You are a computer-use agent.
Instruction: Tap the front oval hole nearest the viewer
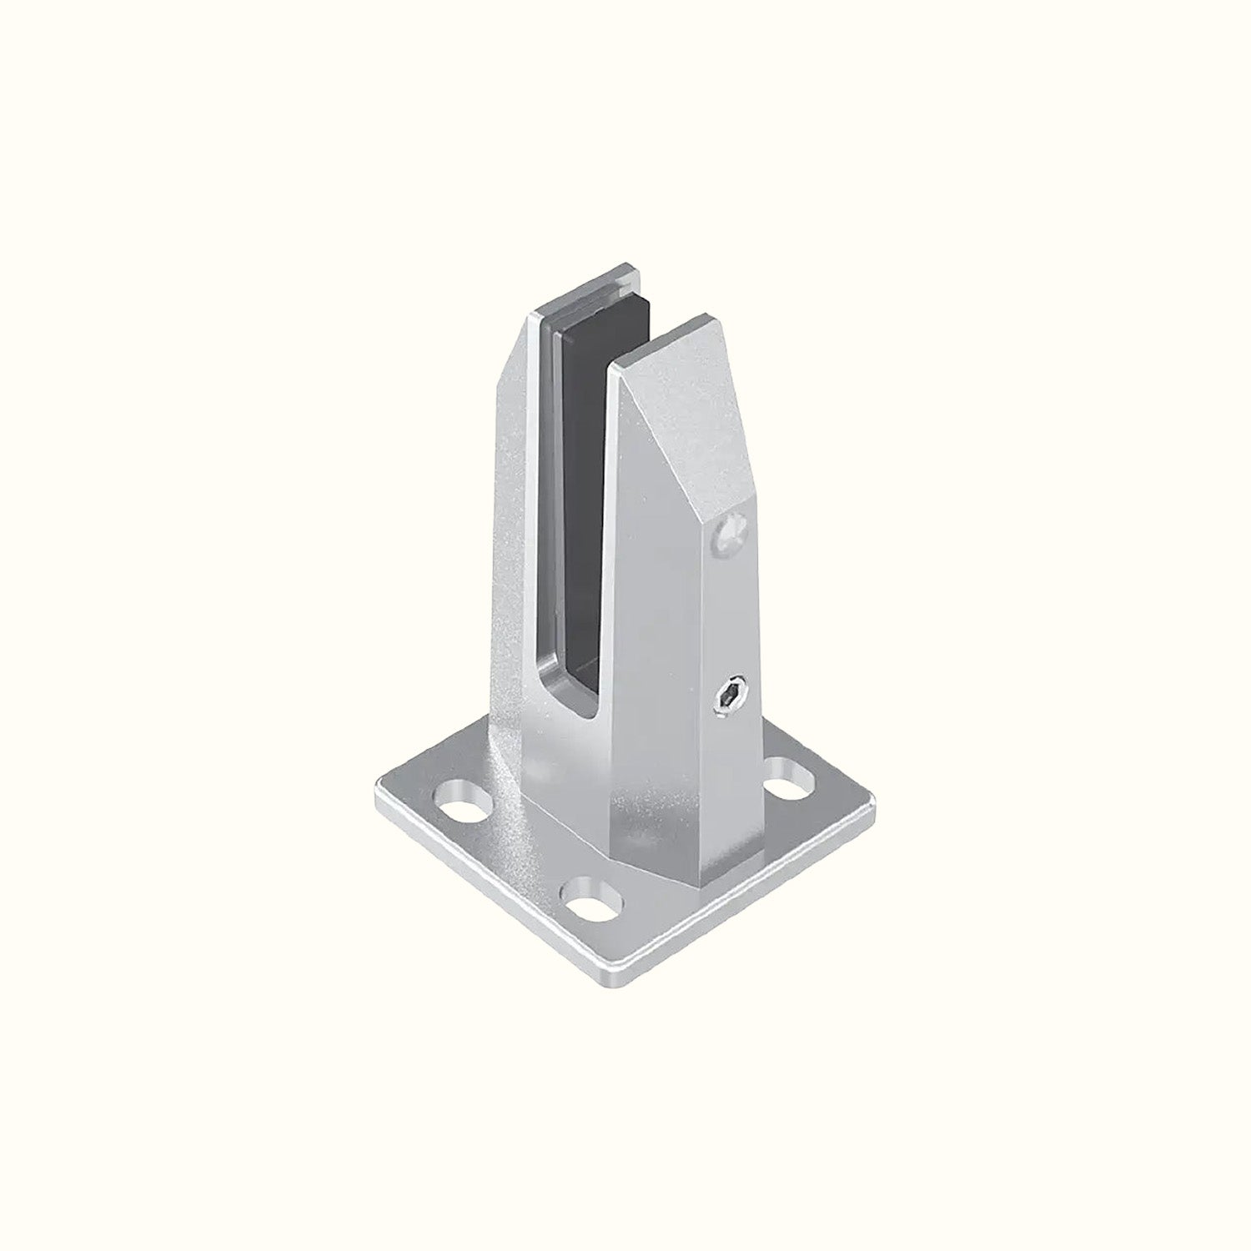tap(593, 902)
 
